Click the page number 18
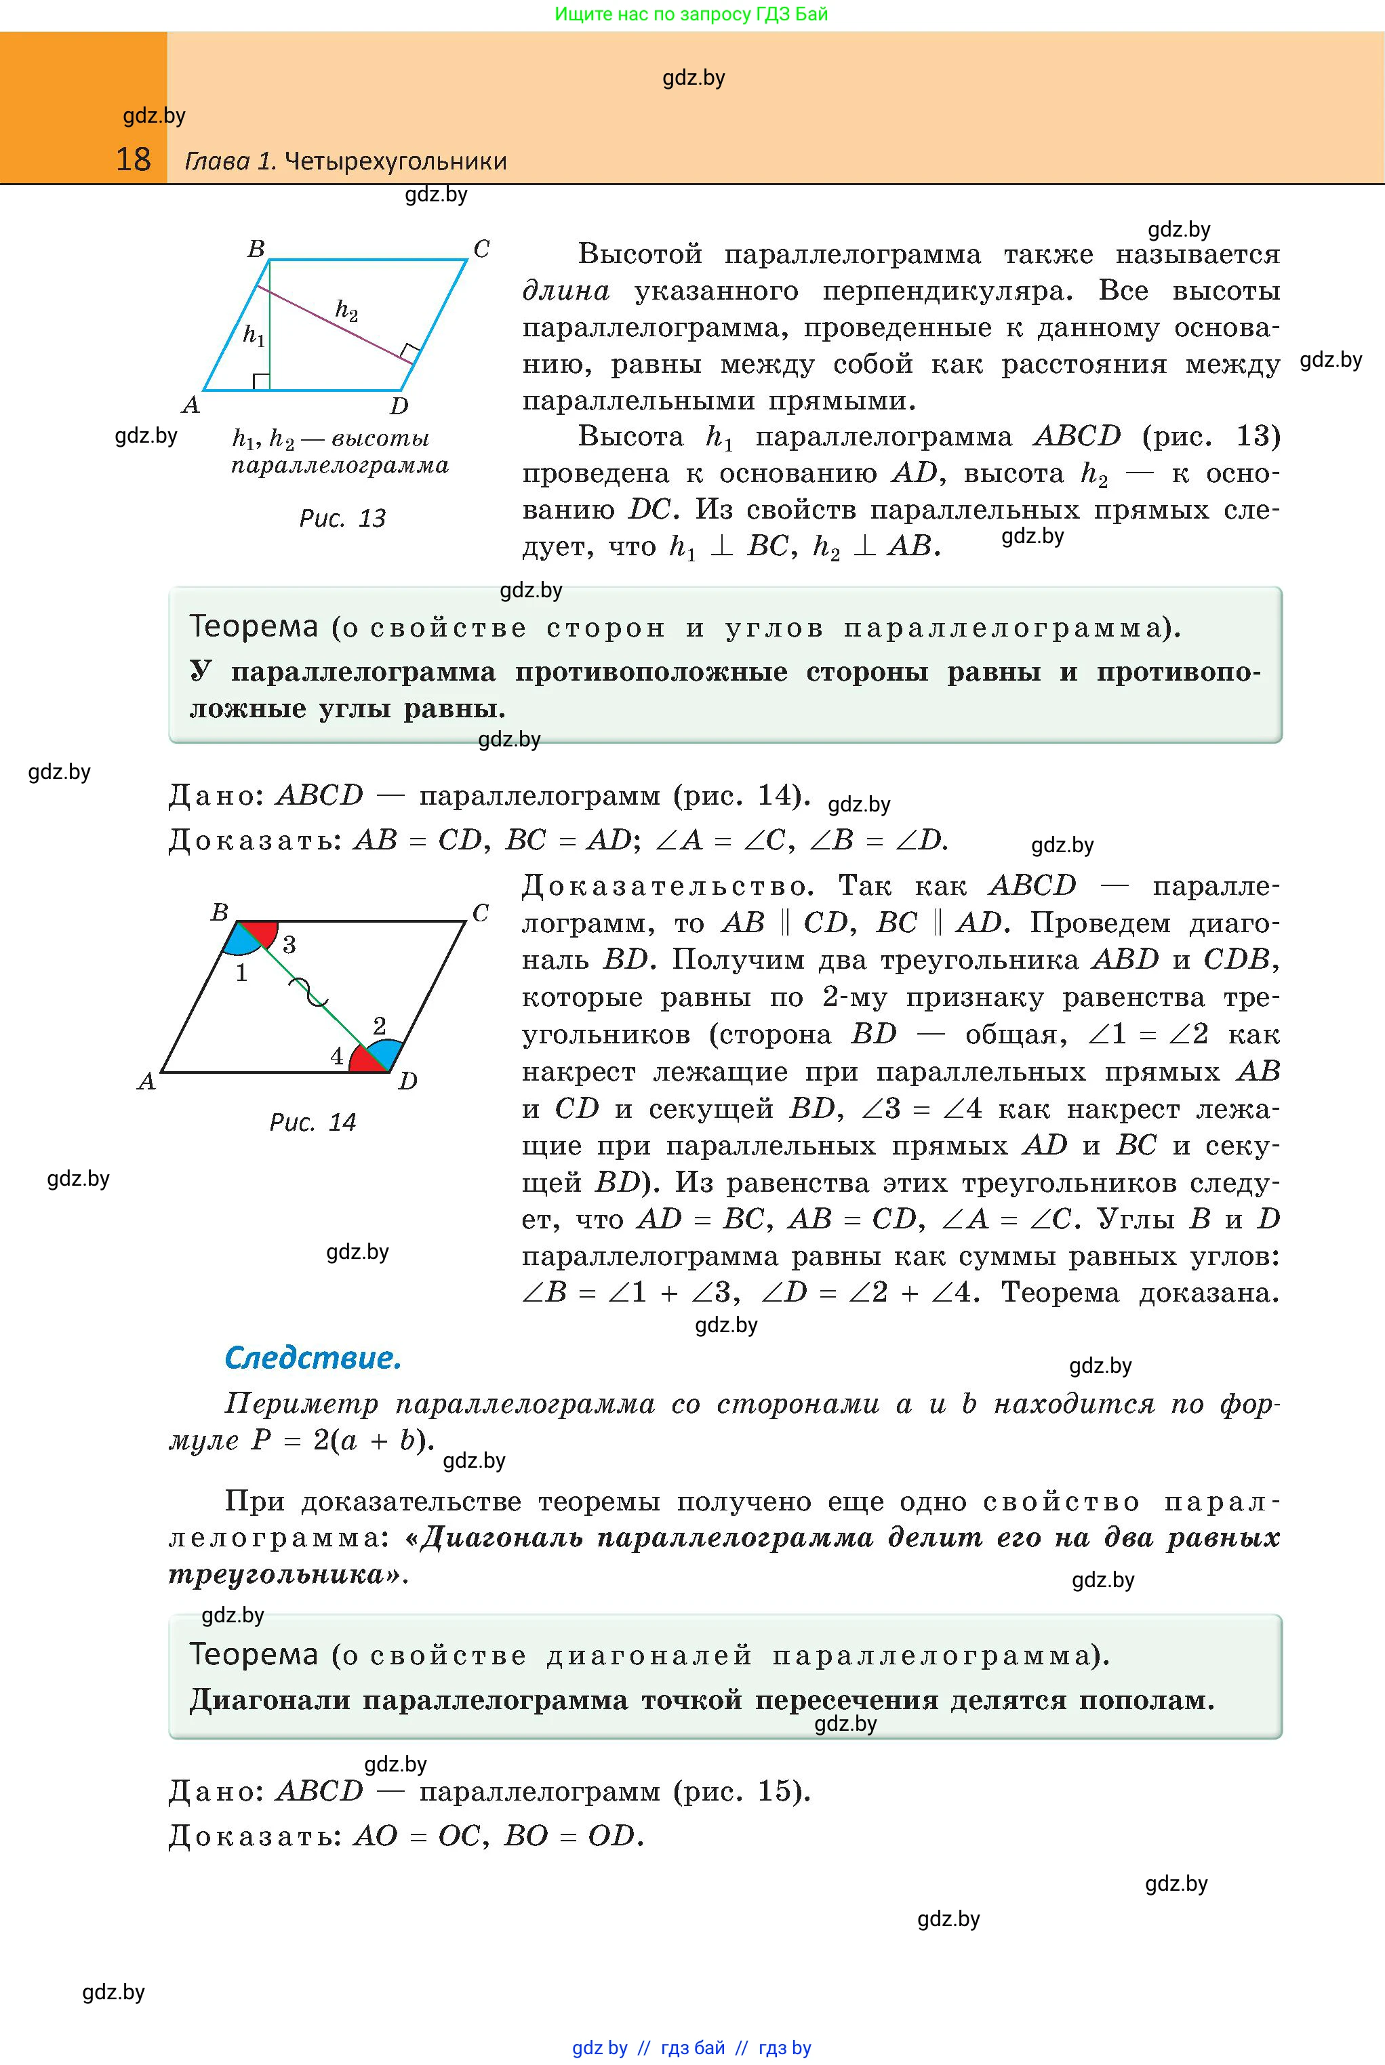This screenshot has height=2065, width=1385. pos(134,160)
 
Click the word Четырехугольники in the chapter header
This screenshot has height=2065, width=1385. pos(396,161)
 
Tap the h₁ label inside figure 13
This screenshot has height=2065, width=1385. pos(254,336)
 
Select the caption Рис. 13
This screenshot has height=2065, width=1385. pos(343,519)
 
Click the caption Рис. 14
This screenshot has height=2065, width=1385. pos(313,1123)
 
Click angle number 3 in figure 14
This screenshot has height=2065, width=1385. pos(289,944)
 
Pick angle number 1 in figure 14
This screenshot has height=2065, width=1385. pos(241,974)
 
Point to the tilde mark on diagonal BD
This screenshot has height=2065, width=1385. pos(314,993)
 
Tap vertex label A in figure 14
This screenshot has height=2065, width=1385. pos(146,1081)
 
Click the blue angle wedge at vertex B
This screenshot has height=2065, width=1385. pos(239,942)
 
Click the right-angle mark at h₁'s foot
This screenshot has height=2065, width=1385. pos(260,382)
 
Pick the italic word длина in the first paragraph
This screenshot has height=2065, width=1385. pos(566,292)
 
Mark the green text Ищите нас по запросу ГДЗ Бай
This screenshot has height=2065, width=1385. pos(691,14)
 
